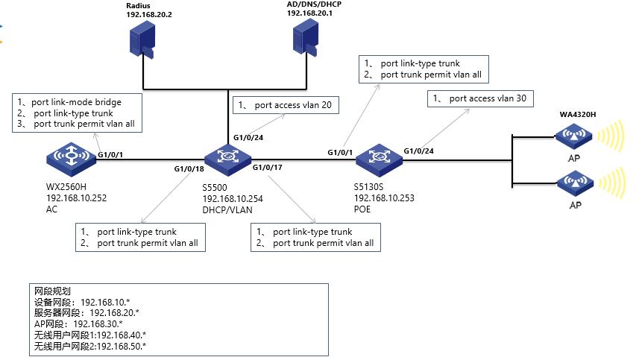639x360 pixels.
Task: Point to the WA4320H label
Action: [578, 114]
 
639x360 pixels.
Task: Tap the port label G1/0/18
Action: [189, 169]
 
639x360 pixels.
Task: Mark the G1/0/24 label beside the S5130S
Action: [419, 151]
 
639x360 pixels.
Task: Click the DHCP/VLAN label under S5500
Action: [227, 210]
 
